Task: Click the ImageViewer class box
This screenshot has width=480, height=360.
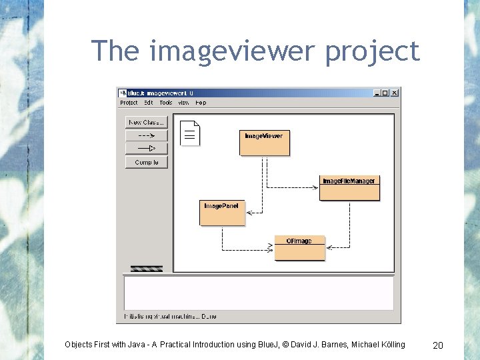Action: pos(264,142)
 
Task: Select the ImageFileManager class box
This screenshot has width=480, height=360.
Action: pos(349,188)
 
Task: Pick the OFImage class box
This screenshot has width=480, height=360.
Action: pos(299,248)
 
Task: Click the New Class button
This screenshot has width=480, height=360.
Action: pos(146,123)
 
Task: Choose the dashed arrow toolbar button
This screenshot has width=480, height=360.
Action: pos(146,135)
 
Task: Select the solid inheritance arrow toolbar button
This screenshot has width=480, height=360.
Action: pos(146,148)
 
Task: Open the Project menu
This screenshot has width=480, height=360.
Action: pos(129,103)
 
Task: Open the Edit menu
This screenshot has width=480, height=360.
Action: pos(148,103)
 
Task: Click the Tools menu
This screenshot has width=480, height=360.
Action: pos(166,103)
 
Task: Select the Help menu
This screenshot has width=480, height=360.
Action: pos(201,103)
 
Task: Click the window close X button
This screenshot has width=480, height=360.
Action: pos(394,93)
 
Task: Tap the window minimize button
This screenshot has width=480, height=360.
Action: pos(377,93)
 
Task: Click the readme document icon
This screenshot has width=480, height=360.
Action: pos(190,133)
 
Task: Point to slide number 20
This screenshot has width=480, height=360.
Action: pos(438,345)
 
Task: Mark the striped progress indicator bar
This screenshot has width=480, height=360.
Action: pos(146,269)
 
